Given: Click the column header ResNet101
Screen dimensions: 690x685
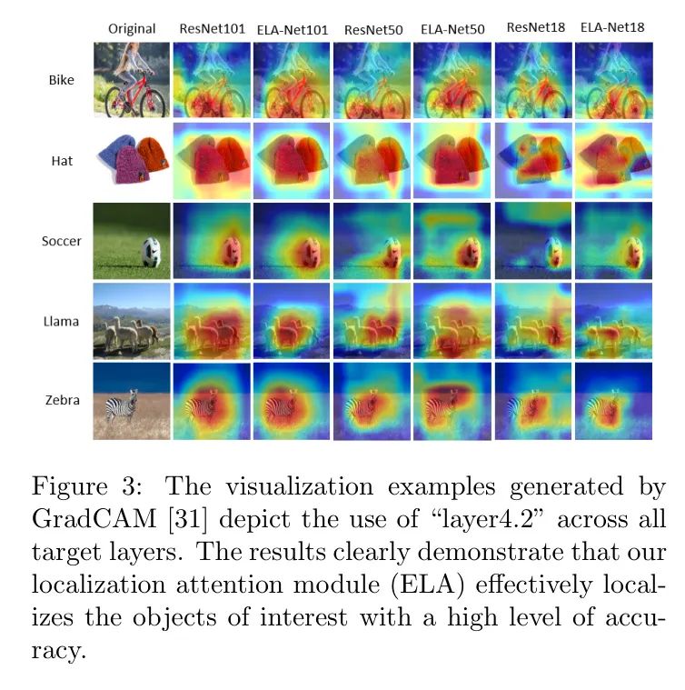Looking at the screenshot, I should [x=212, y=28].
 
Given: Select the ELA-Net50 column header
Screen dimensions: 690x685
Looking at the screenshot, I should [x=452, y=29].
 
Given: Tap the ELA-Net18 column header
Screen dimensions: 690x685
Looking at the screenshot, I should [x=614, y=27].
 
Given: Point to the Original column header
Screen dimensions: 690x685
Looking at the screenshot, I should [x=132, y=29].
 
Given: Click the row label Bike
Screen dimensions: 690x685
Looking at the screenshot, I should [x=62, y=79].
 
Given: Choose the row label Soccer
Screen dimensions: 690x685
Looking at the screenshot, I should [x=62, y=241].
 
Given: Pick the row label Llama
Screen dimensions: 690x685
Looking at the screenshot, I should [x=62, y=322].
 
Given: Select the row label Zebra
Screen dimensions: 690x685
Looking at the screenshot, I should [x=62, y=401].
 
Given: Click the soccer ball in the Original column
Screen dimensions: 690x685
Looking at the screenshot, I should [x=149, y=252].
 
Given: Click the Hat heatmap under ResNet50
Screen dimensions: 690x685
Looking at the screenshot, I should [x=372, y=161].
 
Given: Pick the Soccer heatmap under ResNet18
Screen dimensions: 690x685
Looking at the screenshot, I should [x=532, y=241].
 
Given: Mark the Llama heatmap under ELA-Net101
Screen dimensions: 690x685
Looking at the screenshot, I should [x=292, y=322].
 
